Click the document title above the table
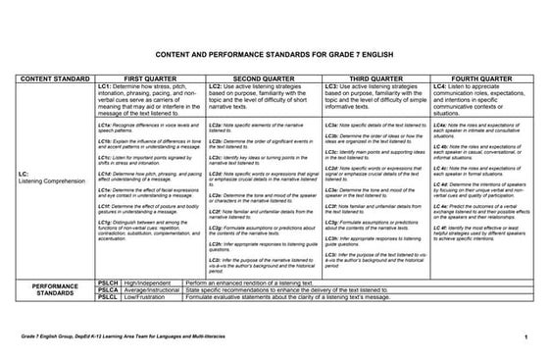tap(274, 57)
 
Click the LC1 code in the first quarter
tap(108, 85)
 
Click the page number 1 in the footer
tap(525, 338)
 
